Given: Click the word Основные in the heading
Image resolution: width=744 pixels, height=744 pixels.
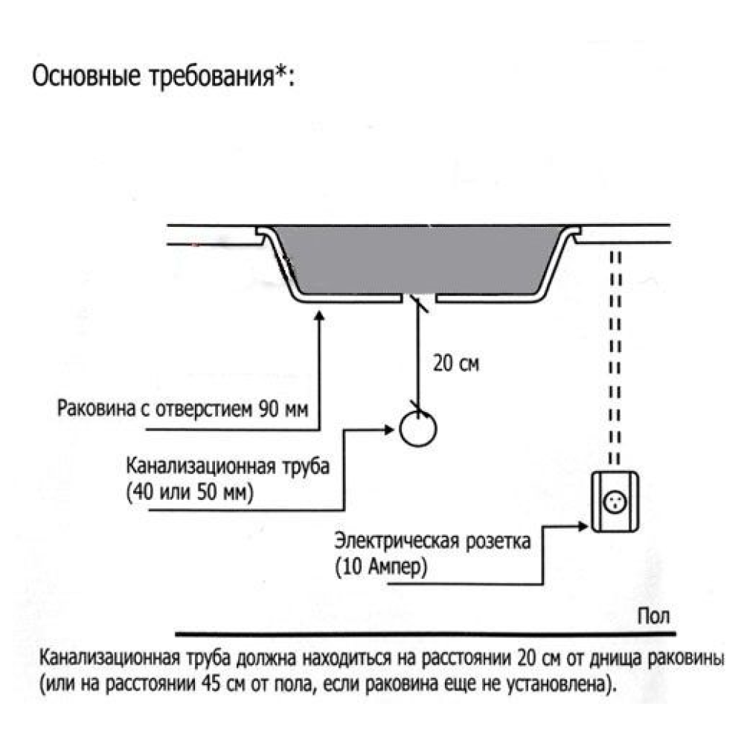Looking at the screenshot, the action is click(x=86, y=76).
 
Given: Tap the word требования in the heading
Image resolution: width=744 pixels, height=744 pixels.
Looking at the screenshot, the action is click(x=211, y=77).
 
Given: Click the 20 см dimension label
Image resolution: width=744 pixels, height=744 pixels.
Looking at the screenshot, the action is click(x=456, y=364).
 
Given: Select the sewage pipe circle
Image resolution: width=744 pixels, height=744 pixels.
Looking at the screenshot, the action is click(x=418, y=429).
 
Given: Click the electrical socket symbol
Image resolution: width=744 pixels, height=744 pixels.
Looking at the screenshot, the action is click(x=615, y=502).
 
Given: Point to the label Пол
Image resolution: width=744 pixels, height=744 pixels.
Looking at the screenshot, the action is click(x=653, y=616).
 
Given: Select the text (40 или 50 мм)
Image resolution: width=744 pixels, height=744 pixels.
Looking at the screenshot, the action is click(x=190, y=492).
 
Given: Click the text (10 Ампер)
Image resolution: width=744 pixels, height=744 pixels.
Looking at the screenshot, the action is click(x=381, y=566).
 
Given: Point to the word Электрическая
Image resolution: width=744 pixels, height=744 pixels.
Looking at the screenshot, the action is click(x=397, y=541).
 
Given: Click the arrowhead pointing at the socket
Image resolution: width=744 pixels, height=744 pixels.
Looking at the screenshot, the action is click(x=583, y=526).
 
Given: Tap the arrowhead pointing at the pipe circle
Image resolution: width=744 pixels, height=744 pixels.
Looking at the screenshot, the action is click(x=389, y=430).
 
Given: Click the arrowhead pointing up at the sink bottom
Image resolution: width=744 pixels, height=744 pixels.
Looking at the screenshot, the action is click(x=320, y=315).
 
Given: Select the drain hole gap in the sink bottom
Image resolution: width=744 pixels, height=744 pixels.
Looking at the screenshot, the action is click(x=419, y=298).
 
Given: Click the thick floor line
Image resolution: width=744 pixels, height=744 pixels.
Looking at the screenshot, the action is click(x=426, y=633).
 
